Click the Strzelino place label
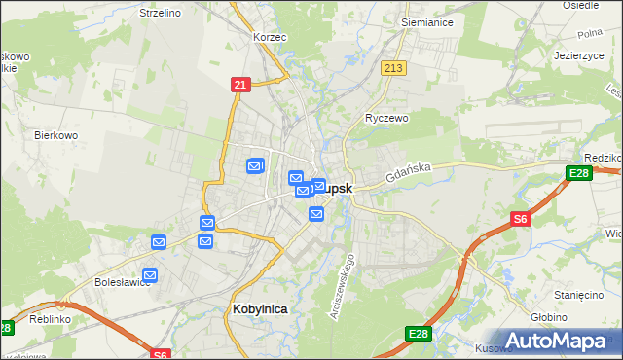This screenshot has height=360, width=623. pos(161,13)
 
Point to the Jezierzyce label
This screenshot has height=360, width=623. pos(580,55)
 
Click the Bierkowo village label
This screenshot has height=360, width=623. pos(55,135)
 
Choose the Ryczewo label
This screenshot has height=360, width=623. pos(386,117)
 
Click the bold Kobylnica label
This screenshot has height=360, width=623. pos(261,308)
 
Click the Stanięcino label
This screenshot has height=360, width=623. pos(580,293)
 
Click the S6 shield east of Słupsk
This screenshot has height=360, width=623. pos(521,220)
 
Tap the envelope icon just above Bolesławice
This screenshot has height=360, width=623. pos(150,275)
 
